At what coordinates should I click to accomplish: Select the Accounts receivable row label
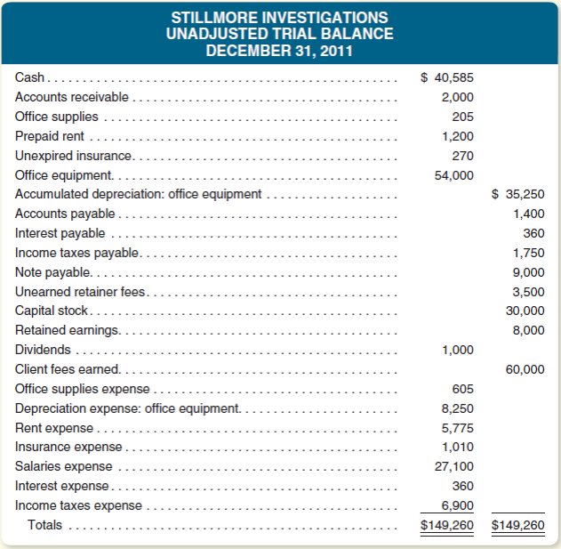point(71,97)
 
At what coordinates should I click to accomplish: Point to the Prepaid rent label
point(50,136)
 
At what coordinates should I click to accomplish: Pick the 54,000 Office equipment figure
point(453,174)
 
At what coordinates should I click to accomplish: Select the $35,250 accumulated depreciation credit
point(518,194)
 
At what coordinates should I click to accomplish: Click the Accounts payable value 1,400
point(529,214)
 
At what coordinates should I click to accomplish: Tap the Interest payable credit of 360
point(534,233)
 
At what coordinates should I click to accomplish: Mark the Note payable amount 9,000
point(529,272)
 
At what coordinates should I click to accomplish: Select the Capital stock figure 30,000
point(525,311)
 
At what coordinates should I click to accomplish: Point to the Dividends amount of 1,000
point(458,350)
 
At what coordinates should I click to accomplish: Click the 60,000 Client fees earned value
point(525,369)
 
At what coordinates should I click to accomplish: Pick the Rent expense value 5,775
point(458,427)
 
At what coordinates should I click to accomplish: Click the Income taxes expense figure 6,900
point(458,505)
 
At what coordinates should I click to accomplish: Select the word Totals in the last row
point(45,525)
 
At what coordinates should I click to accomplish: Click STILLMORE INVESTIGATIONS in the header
point(279,18)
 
